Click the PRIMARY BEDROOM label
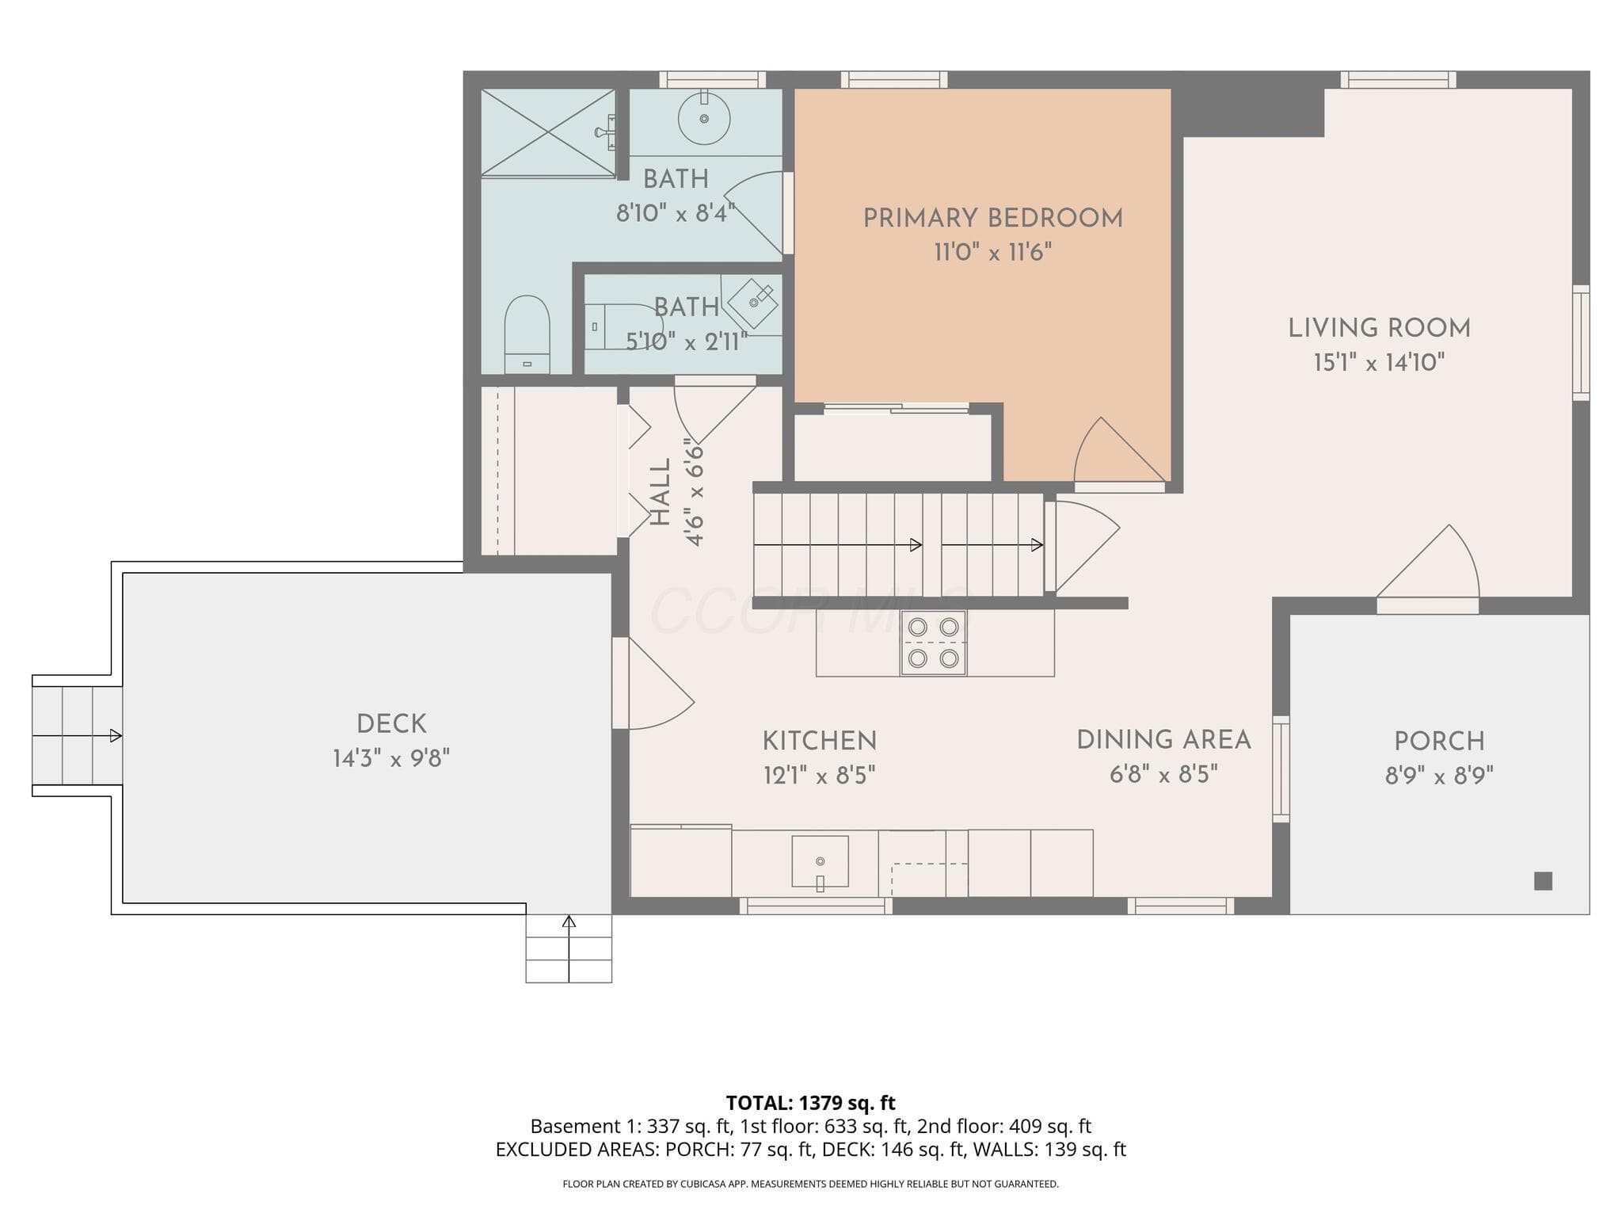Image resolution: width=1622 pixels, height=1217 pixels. [992, 218]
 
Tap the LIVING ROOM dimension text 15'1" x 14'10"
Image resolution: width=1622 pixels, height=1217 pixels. [1379, 363]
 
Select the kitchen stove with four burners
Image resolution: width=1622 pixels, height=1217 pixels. [933, 643]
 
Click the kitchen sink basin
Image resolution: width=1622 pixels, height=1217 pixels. [821, 861]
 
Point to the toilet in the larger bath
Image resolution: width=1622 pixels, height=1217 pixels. [527, 334]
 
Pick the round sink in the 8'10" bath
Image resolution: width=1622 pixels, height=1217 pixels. [704, 119]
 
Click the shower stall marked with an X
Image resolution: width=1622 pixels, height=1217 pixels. [548, 132]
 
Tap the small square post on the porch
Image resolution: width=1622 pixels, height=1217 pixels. [1543, 880]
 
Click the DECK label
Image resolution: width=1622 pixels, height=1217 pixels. [391, 724]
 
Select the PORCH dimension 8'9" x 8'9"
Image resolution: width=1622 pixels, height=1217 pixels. [1439, 776]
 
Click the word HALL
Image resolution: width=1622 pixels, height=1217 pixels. [661, 492]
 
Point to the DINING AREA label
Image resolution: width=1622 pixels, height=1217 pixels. [1163, 740]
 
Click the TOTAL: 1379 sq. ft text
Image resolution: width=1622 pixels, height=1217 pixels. [810, 1103]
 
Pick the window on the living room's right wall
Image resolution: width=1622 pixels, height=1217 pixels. [1581, 342]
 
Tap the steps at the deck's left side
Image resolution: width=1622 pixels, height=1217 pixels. [77, 736]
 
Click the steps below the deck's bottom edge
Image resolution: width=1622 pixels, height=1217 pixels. [569, 948]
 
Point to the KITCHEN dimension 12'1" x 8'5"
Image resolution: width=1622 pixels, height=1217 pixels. [819, 776]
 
